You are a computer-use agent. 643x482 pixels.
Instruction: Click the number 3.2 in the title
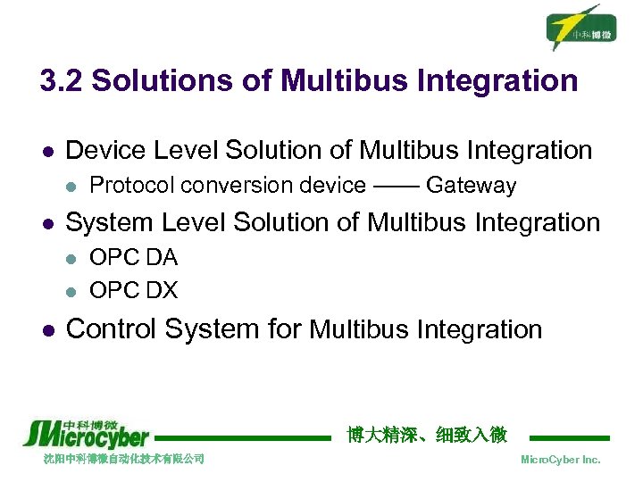click(62, 81)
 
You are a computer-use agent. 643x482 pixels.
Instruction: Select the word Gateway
click(471, 186)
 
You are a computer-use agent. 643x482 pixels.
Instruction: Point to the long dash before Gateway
click(396, 186)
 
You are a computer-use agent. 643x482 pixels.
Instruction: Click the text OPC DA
click(134, 258)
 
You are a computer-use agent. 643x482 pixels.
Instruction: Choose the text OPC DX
click(134, 290)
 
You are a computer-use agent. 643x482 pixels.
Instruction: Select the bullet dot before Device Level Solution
click(46, 151)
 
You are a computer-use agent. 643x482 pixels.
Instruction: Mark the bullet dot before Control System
click(46, 330)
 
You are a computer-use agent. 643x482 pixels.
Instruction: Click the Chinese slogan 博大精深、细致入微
click(427, 435)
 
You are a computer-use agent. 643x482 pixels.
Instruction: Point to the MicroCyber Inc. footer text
click(560, 460)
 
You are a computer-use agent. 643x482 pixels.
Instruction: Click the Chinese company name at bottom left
click(124, 459)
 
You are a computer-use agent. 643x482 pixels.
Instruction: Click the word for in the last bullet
click(285, 329)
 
